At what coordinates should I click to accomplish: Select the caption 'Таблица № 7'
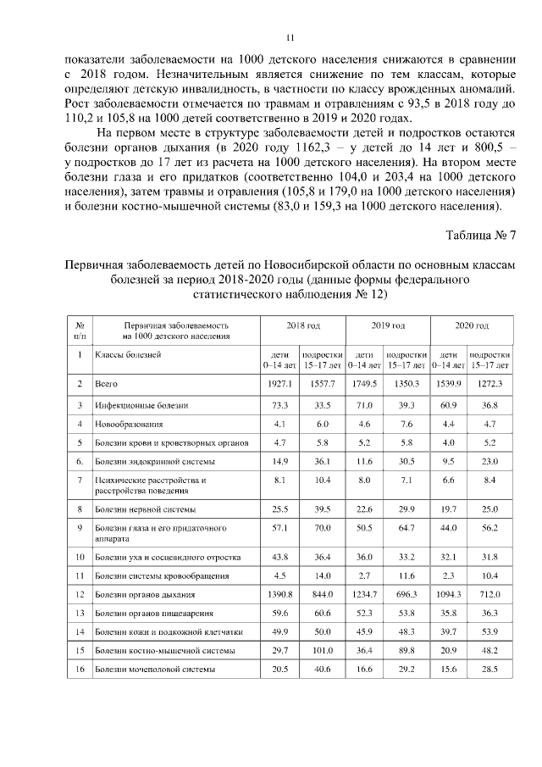481,234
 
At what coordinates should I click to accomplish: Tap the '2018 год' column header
302,325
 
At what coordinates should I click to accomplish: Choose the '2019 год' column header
388,325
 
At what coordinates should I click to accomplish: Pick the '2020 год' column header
472,325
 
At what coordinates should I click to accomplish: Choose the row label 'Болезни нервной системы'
145,509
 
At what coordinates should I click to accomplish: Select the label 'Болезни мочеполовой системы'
153,670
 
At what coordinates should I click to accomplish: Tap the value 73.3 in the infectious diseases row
280,406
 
